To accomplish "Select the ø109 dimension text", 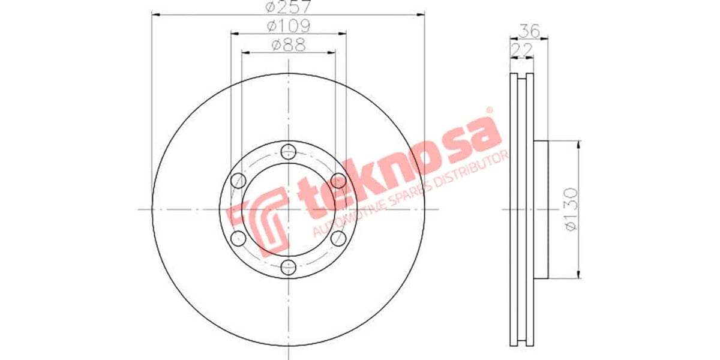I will click(x=288, y=26).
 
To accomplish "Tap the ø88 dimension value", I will click(x=288, y=44).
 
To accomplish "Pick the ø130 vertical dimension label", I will click(x=571, y=210).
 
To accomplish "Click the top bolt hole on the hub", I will click(x=289, y=151).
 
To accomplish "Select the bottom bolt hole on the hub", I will click(x=289, y=267).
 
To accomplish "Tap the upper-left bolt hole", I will click(x=238, y=180).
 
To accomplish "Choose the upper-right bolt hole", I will click(x=339, y=180).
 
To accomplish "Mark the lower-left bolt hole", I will click(x=238, y=238).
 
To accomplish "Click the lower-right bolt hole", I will click(x=339, y=238).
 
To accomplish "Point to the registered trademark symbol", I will click(x=488, y=110).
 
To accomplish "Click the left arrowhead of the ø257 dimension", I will click(x=155, y=16).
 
